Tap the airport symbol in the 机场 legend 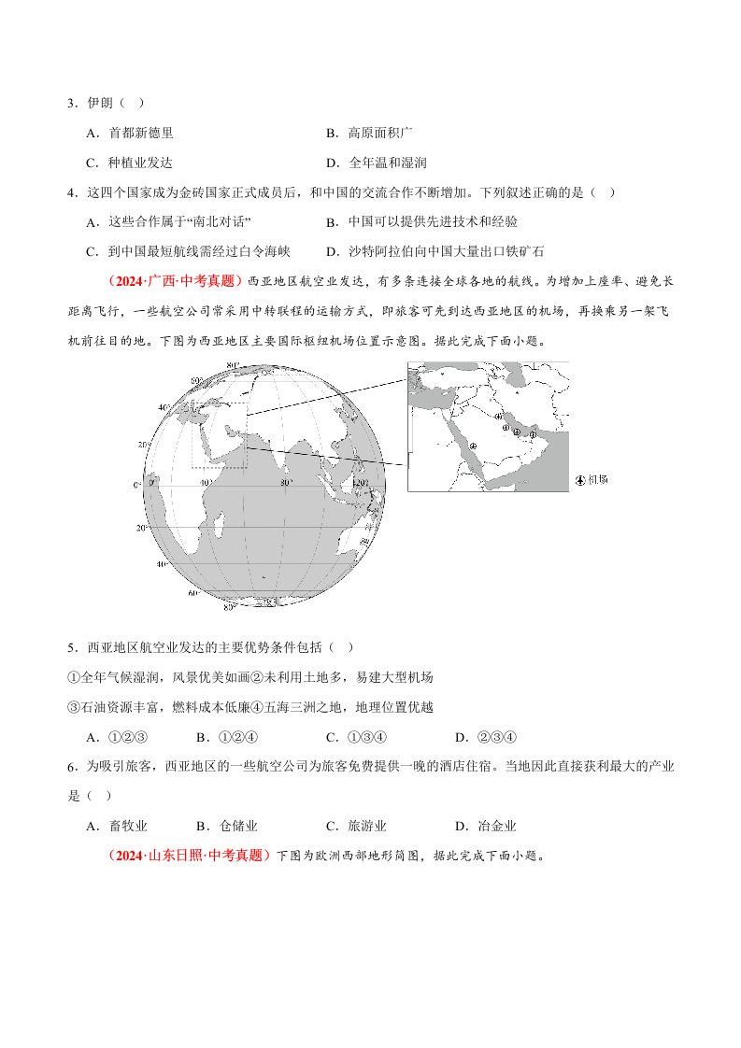point(580,479)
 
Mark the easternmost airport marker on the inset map point(534,433)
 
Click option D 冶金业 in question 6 point(490,826)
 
